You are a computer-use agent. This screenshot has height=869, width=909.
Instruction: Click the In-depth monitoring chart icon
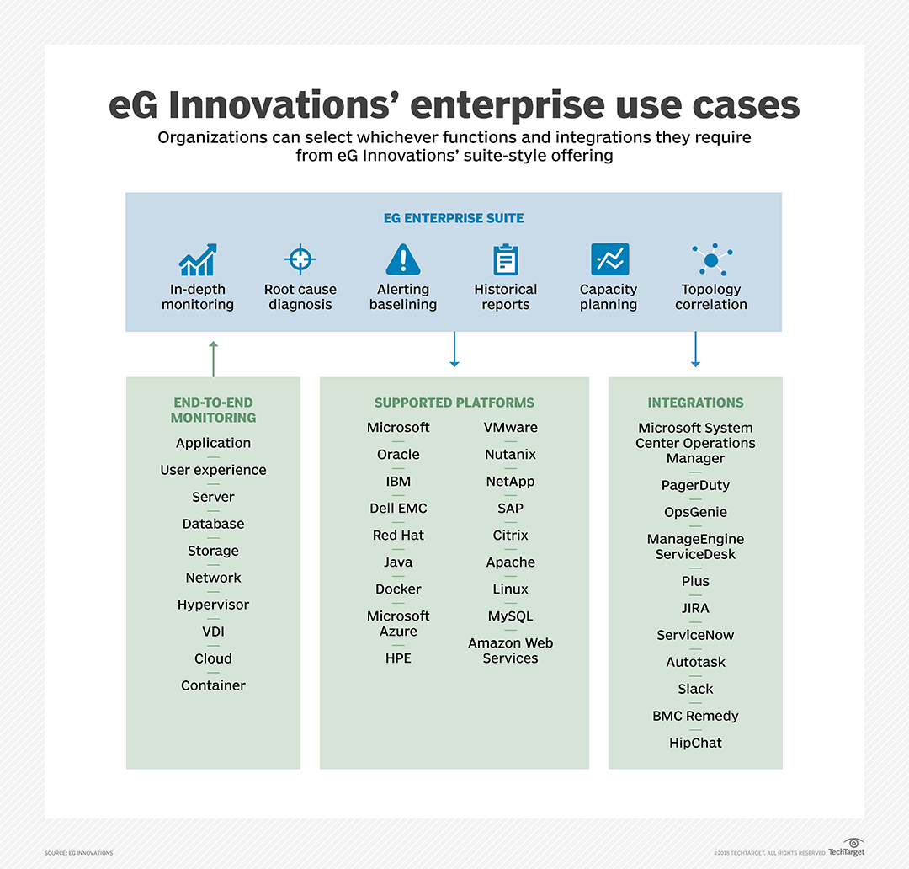tap(198, 260)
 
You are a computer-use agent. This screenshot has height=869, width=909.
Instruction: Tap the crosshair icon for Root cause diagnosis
tap(300, 259)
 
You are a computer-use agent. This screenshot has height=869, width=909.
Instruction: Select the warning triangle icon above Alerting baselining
tap(403, 259)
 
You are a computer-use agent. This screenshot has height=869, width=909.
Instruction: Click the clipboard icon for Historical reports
tap(506, 259)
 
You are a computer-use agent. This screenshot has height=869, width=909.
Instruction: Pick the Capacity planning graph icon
tap(609, 259)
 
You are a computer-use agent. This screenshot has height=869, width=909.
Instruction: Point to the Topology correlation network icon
tap(711, 259)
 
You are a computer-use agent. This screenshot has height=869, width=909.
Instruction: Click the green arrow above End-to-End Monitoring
tap(213, 358)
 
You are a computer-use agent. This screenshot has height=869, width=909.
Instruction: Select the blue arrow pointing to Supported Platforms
tap(454, 349)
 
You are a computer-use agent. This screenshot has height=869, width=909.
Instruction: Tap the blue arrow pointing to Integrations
tap(695, 349)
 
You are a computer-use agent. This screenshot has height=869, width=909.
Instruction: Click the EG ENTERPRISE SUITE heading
tap(454, 218)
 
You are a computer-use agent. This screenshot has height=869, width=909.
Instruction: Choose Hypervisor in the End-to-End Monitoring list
tap(213, 605)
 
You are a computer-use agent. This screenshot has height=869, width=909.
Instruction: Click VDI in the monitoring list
tap(213, 632)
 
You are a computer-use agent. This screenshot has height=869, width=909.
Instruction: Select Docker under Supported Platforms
tap(398, 589)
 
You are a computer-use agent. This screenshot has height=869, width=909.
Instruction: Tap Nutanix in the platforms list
tap(510, 455)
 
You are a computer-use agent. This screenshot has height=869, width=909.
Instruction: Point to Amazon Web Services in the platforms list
tap(510, 651)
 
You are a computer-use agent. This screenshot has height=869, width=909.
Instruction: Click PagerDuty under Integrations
tap(695, 485)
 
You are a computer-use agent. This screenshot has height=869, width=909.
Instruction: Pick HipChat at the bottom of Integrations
tap(695, 743)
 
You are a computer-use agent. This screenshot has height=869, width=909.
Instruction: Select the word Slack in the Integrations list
tap(695, 689)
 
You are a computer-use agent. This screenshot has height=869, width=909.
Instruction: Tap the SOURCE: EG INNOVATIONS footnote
tap(79, 853)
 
